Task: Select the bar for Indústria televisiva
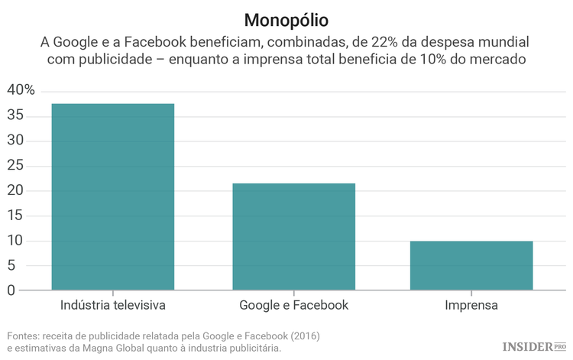[x=112, y=196]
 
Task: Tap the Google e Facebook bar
[x=293, y=236]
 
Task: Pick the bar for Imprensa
[x=471, y=265]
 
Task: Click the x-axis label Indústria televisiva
[x=112, y=306]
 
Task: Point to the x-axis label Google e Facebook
[x=293, y=306]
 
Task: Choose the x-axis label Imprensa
[x=471, y=306]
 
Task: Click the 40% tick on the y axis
[x=21, y=90]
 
